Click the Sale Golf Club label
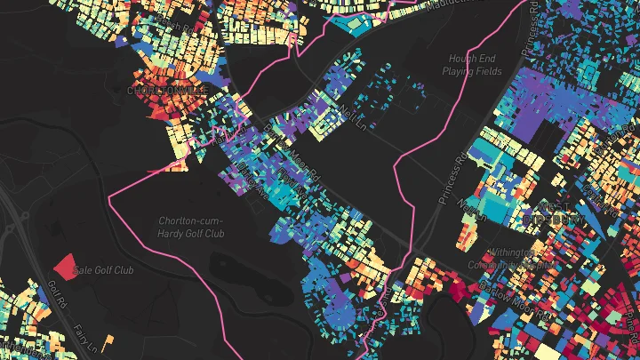103,269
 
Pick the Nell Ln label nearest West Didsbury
468,205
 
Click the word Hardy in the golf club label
171,233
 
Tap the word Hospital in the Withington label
534,264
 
